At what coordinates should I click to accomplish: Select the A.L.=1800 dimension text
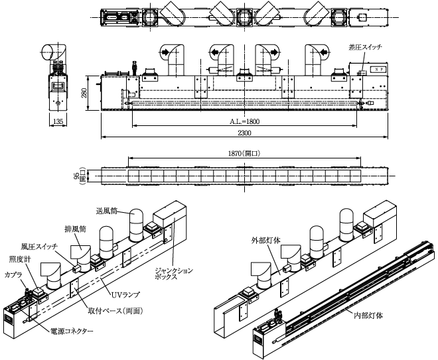pos(244,121)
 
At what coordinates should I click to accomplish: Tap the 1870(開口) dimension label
pos(243,153)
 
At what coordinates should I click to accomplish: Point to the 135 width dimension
pos(58,121)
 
